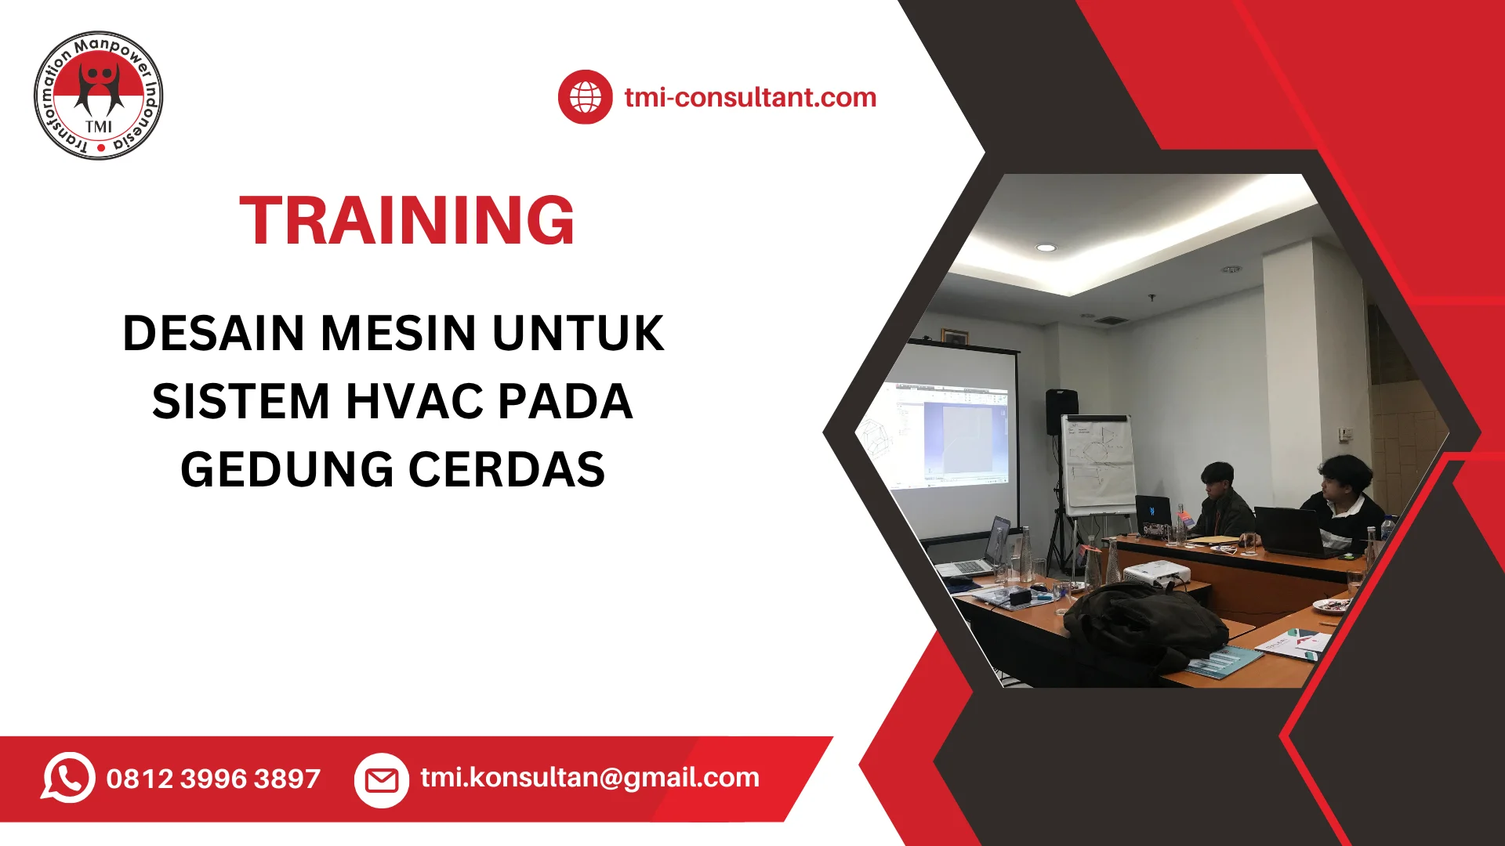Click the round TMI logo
click(x=99, y=96)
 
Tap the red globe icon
click(x=585, y=97)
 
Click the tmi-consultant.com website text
click(x=750, y=97)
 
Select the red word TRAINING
click(x=407, y=220)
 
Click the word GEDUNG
click(x=287, y=469)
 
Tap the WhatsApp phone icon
click(x=68, y=778)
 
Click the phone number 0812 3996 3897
click(x=213, y=779)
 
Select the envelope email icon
click(x=382, y=780)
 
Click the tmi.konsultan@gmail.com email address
click(x=589, y=777)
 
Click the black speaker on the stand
click(x=1061, y=411)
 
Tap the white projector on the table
click(x=1157, y=575)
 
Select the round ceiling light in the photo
click(x=1046, y=248)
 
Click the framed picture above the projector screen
click(x=955, y=337)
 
